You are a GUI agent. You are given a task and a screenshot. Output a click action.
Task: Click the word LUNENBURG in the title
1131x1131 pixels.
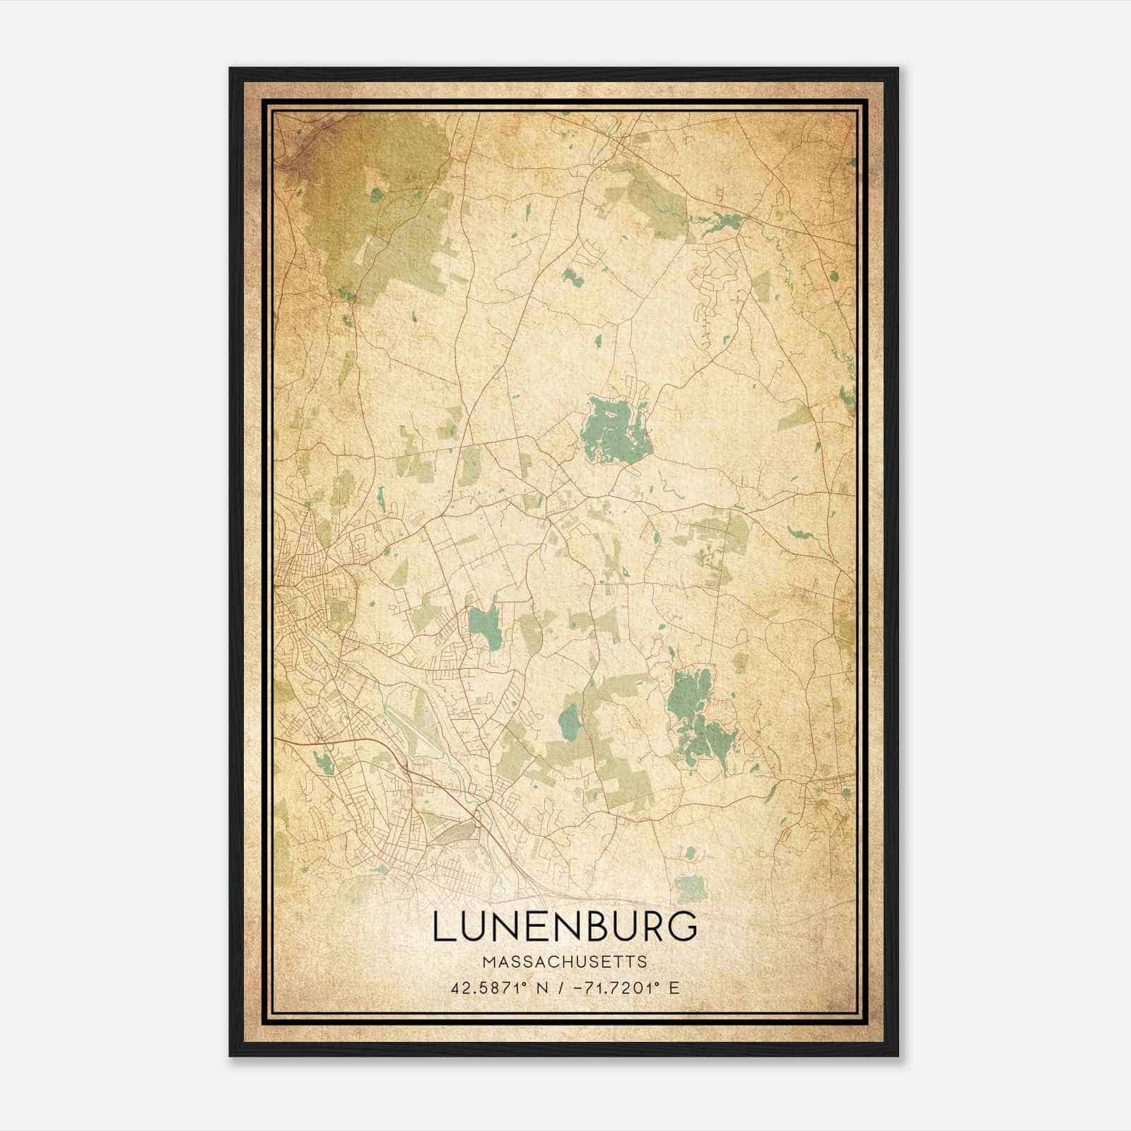click(565, 927)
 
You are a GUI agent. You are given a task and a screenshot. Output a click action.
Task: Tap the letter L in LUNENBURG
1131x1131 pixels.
click(443, 927)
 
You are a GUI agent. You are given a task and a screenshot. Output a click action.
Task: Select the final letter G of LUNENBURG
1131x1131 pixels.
click(684, 927)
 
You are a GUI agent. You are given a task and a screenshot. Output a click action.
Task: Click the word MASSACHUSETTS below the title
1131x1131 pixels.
click(565, 961)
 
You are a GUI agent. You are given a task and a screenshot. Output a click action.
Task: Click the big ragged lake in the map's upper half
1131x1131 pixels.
click(613, 430)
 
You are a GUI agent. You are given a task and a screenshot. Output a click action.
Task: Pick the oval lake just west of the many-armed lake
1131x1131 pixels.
click(569, 720)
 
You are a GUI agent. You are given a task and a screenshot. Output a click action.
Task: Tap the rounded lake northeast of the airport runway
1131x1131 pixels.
click(485, 624)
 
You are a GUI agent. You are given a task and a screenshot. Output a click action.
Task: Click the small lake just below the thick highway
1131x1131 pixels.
click(323, 763)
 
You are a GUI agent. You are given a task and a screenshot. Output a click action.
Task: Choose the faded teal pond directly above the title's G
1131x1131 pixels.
click(691, 886)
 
